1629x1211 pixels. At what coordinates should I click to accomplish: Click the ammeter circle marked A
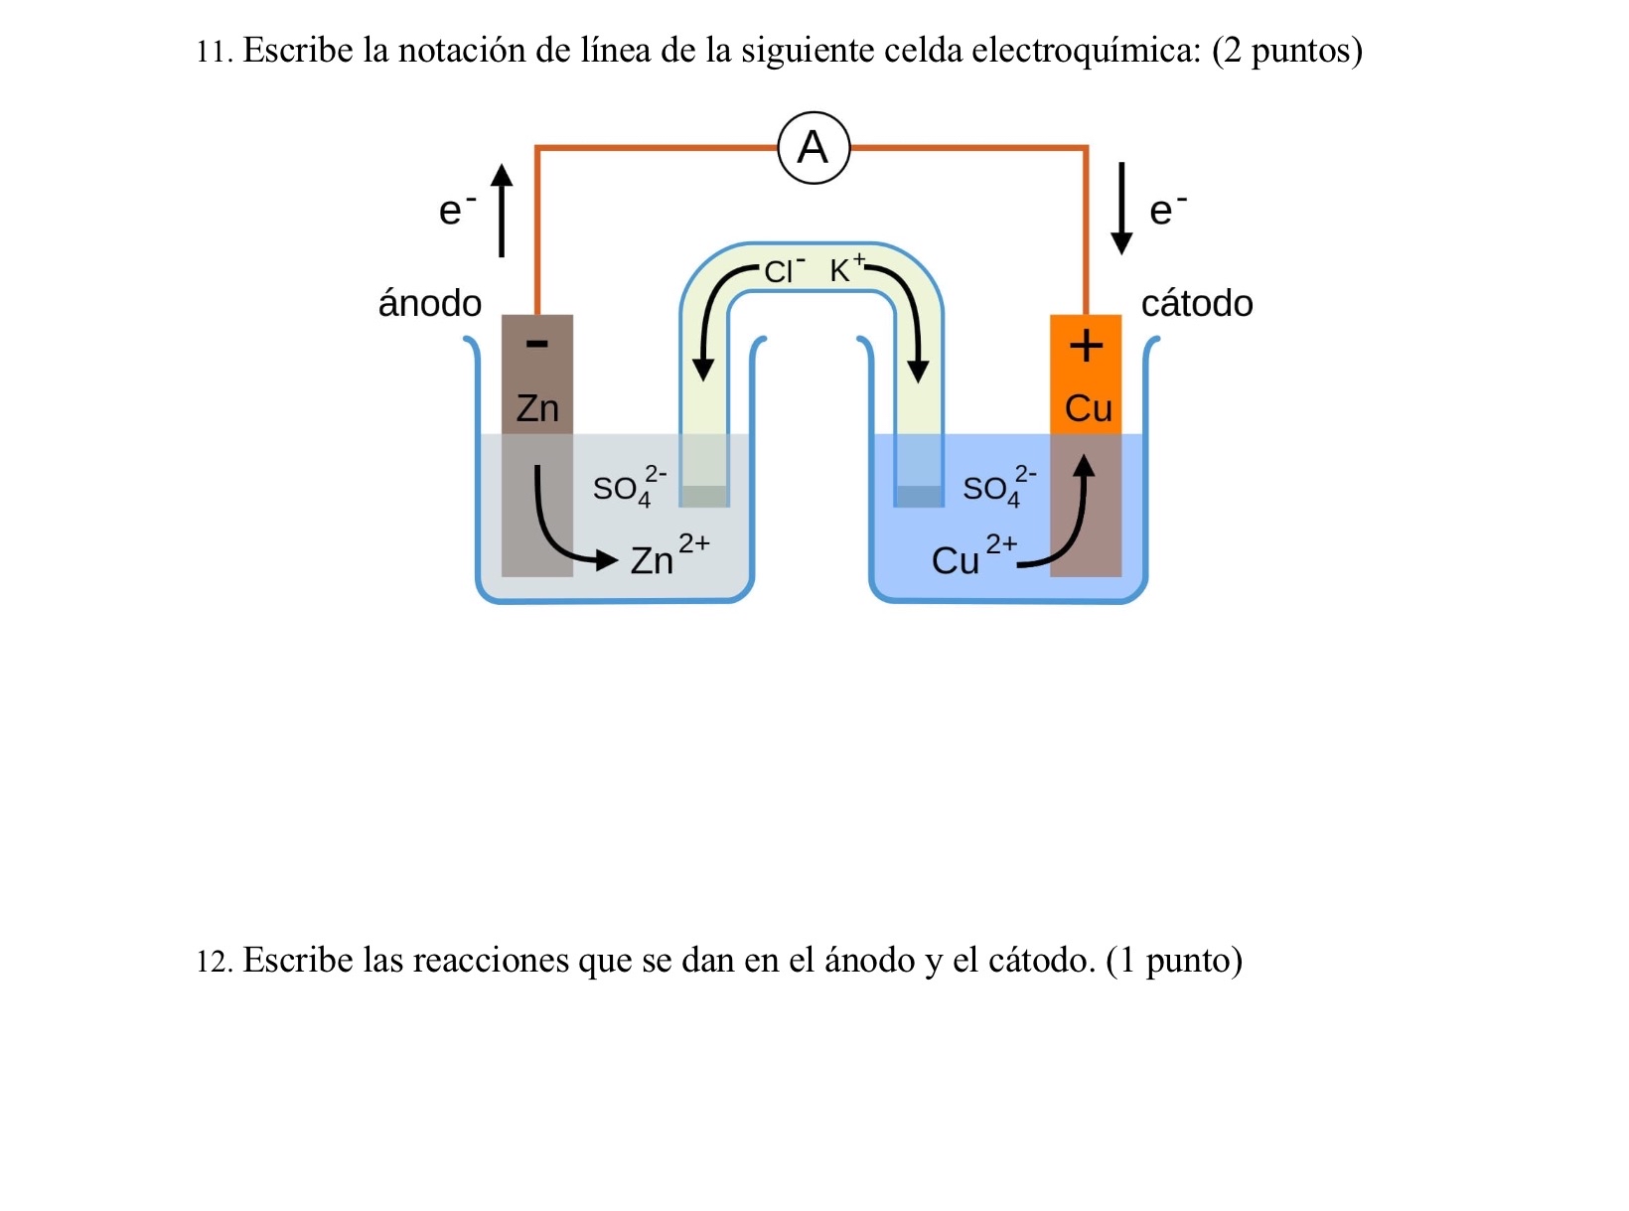click(814, 148)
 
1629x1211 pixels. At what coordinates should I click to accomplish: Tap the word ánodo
click(429, 303)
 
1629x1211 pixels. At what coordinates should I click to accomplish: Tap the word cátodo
click(1197, 303)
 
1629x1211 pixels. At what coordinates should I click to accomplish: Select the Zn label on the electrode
click(537, 408)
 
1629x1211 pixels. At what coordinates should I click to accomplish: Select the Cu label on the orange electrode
click(1088, 408)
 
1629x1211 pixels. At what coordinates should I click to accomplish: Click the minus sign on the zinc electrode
click(536, 344)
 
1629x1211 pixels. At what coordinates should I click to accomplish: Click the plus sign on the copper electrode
click(1086, 346)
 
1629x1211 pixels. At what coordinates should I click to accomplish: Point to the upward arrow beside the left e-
click(503, 211)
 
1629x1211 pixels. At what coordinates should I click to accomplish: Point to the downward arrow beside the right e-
click(1121, 209)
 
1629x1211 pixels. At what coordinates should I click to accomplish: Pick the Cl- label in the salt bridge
click(784, 270)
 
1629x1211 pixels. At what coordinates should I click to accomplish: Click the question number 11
click(214, 52)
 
